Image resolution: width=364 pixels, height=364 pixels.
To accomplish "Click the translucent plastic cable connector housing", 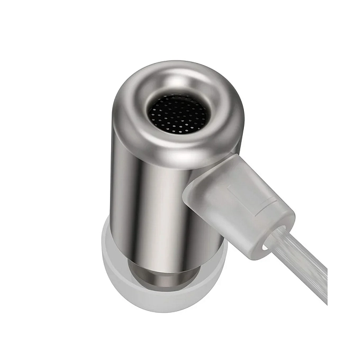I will tap(238, 201).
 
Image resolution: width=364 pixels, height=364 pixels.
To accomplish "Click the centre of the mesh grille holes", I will tap(177, 114).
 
